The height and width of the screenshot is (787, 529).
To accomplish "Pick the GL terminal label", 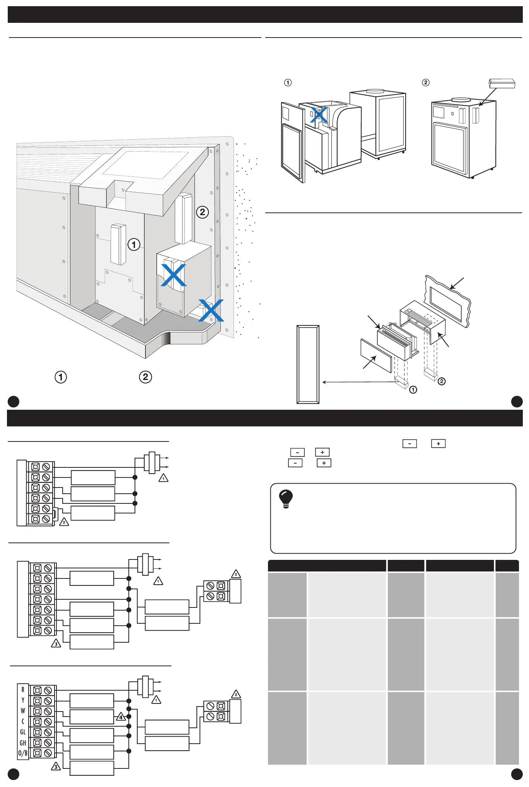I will (x=23, y=732).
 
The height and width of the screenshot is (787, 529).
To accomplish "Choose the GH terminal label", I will (x=23, y=743).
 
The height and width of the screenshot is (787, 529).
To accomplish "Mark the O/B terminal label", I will (x=23, y=753).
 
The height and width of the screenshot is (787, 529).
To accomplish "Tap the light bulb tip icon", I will (x=286, y=499).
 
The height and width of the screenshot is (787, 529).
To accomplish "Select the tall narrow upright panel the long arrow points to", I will (x=308, y=364).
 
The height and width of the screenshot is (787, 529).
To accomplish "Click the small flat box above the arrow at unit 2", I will (x=502, y=83).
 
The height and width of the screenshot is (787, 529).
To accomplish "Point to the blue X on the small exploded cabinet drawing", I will (x=319, y=115).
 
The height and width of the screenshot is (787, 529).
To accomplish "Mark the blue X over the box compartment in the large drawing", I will (x=174, y=275).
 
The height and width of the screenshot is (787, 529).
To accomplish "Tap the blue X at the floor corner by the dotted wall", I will (x=211, y=310).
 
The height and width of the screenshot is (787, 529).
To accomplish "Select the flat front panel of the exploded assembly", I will (x=376, y=356).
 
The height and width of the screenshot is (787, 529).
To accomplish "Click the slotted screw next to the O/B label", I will (x=48, y=753).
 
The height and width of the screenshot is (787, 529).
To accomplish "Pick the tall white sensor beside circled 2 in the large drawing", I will (x=183, y=219).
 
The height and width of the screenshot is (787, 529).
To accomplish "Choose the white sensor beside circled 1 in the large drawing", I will (x=118, y=244).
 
